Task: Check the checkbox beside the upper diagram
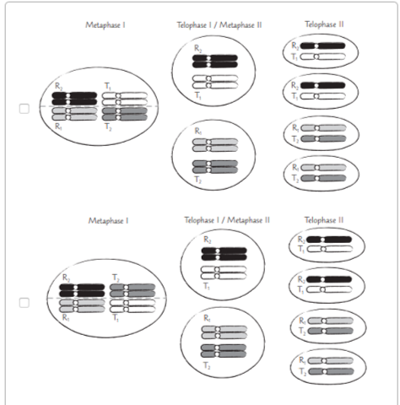pos(24,108)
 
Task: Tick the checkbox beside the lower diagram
pos(24,301)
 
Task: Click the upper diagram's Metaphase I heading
pos(105,26)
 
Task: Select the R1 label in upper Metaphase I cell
pos(57,126)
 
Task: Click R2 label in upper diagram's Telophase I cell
pos(197,49)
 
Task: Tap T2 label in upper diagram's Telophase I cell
pos(197,181)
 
